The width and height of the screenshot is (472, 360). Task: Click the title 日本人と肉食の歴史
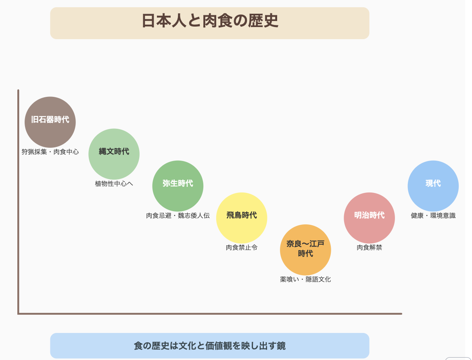point(210,21)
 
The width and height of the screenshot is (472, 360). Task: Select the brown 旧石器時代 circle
point(50,122)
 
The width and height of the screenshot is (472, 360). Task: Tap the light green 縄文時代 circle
point(114,154)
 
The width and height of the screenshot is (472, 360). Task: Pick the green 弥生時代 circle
point(178,186)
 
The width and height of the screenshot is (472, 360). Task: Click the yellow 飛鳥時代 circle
point(242,218)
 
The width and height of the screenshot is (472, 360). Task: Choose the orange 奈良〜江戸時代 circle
point(305,250)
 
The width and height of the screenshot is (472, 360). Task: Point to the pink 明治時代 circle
point(369,218)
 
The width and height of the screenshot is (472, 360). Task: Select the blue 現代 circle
point(433,186)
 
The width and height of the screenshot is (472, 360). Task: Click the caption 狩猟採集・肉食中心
point(50,152)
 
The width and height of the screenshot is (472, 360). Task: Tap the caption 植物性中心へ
point(114,184)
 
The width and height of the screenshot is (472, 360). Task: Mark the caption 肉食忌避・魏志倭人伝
point(178,216)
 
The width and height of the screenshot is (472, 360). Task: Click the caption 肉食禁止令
point(242,248)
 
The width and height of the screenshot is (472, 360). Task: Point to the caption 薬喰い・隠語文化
point(305,280)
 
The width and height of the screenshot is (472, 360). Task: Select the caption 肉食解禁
point(369,248)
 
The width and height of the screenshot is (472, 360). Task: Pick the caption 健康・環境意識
point(433,216)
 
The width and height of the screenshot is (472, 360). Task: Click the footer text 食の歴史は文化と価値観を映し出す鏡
point(210,346)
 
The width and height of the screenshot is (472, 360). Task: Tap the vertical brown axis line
point(19,202)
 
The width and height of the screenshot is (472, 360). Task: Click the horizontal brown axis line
point(210,313)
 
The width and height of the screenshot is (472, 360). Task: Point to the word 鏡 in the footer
point(281,346)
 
